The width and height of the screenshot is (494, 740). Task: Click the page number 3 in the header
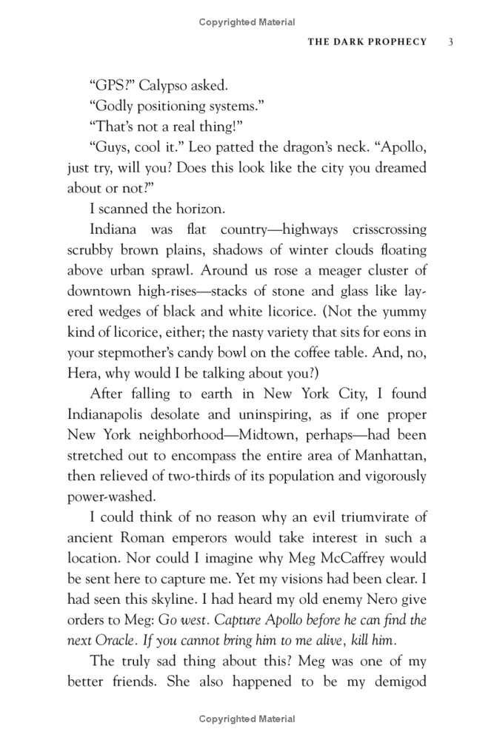450,41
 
